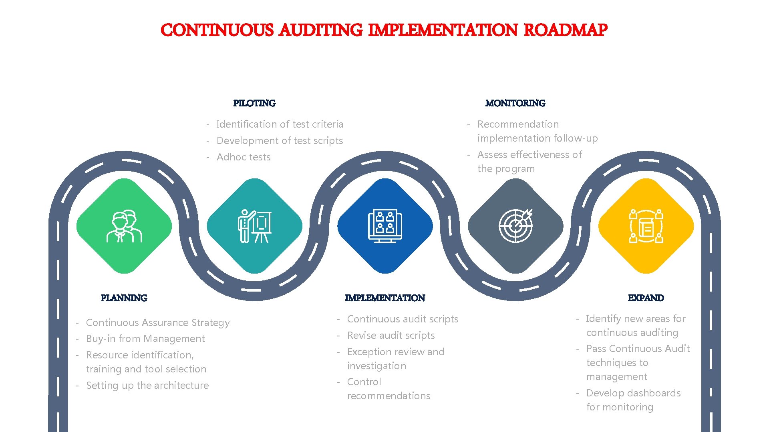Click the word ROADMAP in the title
[x=565, y=30]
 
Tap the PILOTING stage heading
[x=254, y=103]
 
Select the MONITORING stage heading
[x=515, y=103]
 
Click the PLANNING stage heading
[x=124, y=298]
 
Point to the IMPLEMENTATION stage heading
[x=384, y=298]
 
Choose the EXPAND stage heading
[x=646, y=298]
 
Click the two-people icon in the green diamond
[x=124, y=226]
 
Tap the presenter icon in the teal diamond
[x=254, y=226]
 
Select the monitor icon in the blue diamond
[x=385, y=226]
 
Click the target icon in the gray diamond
[x=515, y=226]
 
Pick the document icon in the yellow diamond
[x=646, y=226]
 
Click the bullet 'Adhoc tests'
[x=244, y=157]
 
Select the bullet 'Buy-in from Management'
[x=145, y=339]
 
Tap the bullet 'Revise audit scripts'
[x=391, y=336]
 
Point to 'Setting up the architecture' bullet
[x=147, y=386]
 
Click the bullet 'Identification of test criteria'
[x=280, y=124]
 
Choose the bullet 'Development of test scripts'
[x=280, y=141]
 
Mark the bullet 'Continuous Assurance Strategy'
[x=158, y=323]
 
